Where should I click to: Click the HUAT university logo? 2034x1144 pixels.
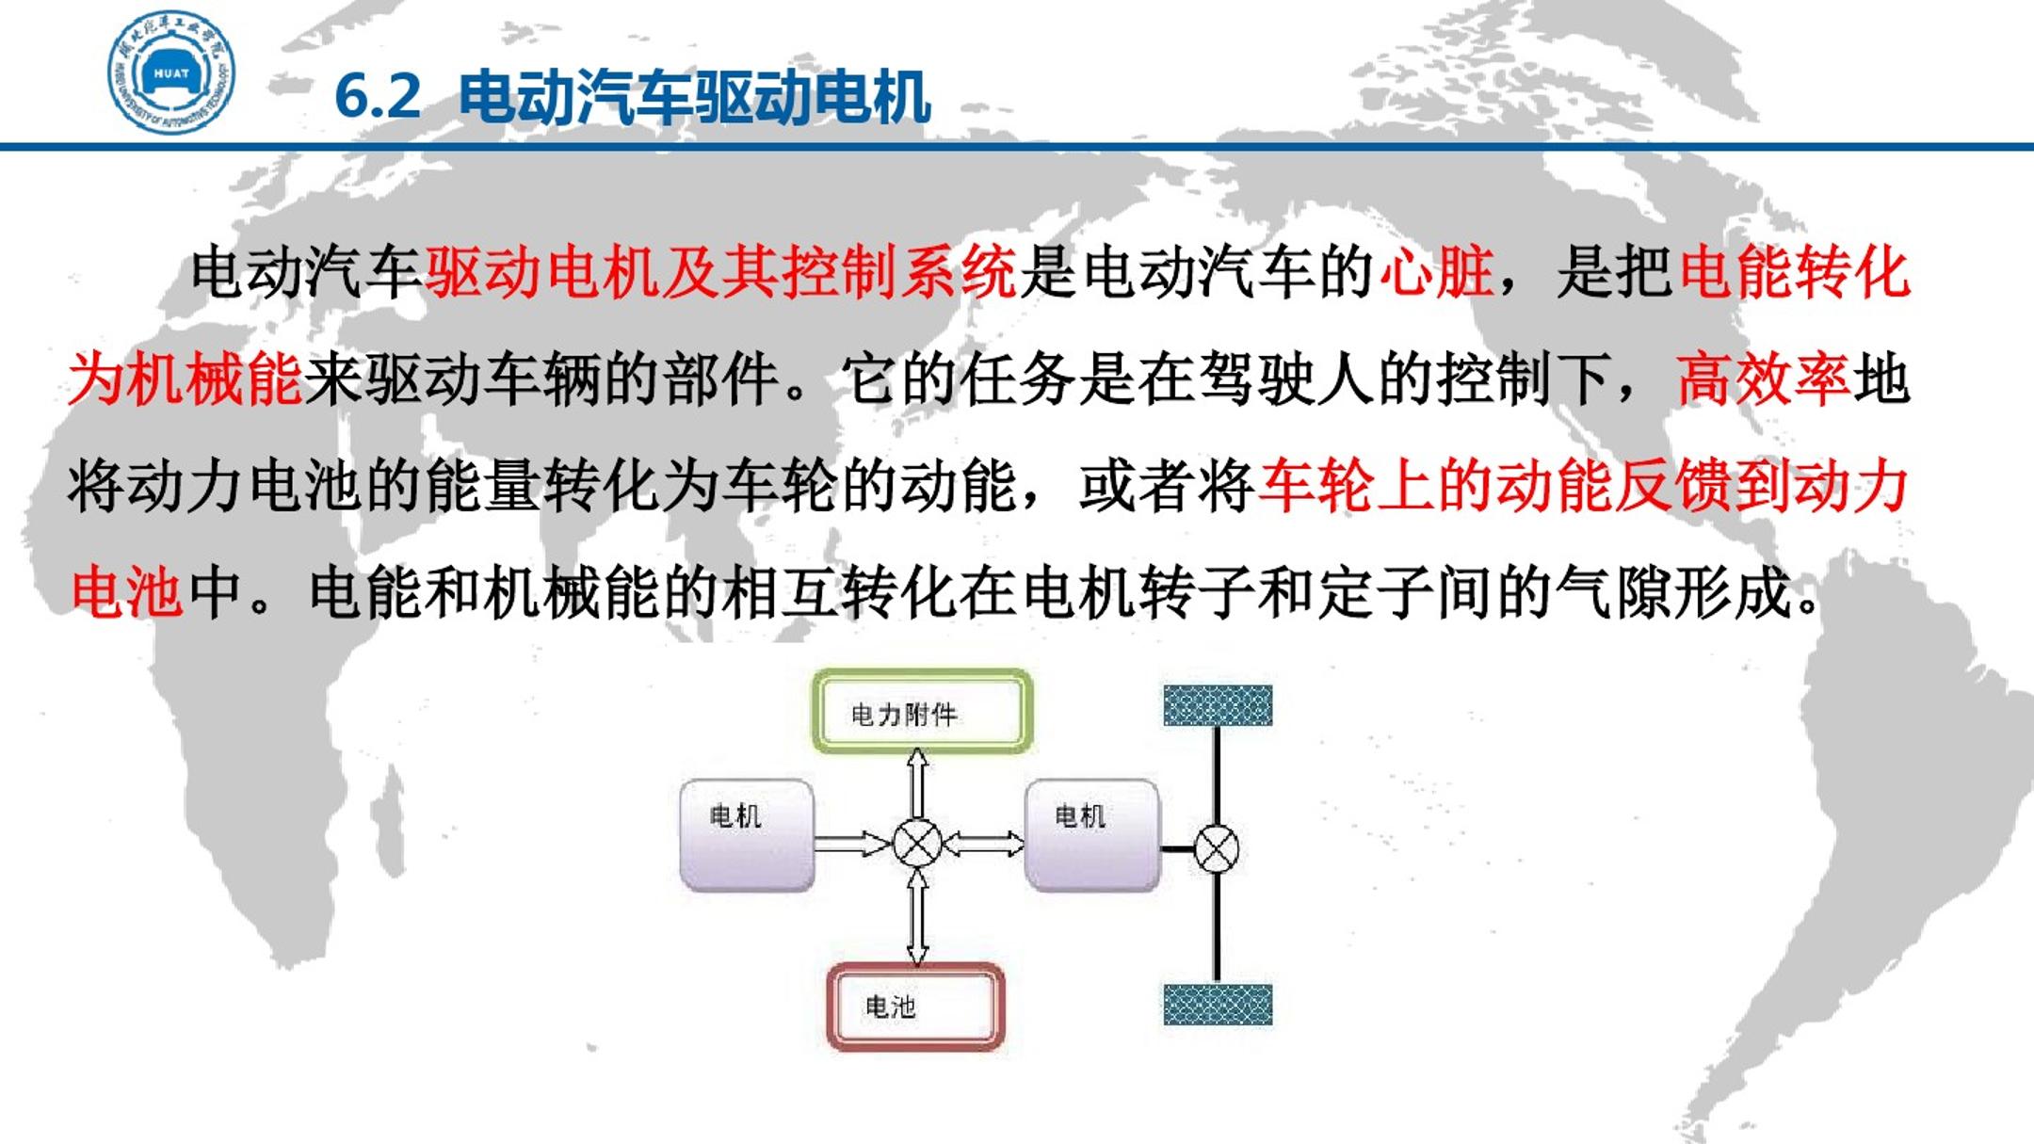point(170,73)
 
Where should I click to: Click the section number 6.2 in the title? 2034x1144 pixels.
point(378,96)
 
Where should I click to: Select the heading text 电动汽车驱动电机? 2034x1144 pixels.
point(695,97)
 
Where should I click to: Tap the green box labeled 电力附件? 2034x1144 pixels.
point(922,712)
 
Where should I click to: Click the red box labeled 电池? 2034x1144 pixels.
point(915,1007)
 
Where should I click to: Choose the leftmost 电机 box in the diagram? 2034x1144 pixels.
point(747,834)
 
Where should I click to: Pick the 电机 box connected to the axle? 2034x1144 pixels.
point(1091,834)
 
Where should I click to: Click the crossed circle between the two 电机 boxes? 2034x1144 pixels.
point(917,843)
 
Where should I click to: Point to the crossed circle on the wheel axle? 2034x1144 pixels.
point(1217,848)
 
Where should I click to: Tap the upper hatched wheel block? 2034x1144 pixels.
point(1218,706)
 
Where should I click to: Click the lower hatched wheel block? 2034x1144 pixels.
point(1218,1005)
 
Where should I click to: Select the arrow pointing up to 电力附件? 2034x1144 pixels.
point(917,783)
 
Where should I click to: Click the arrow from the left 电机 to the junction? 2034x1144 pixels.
point(853,843)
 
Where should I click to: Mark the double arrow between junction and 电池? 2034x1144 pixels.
point(917,917)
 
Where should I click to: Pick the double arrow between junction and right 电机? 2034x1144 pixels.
point(983,843)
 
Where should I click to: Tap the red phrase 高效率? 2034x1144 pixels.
point(1763,379)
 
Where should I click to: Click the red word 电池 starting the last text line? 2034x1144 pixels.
point(126,592)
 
